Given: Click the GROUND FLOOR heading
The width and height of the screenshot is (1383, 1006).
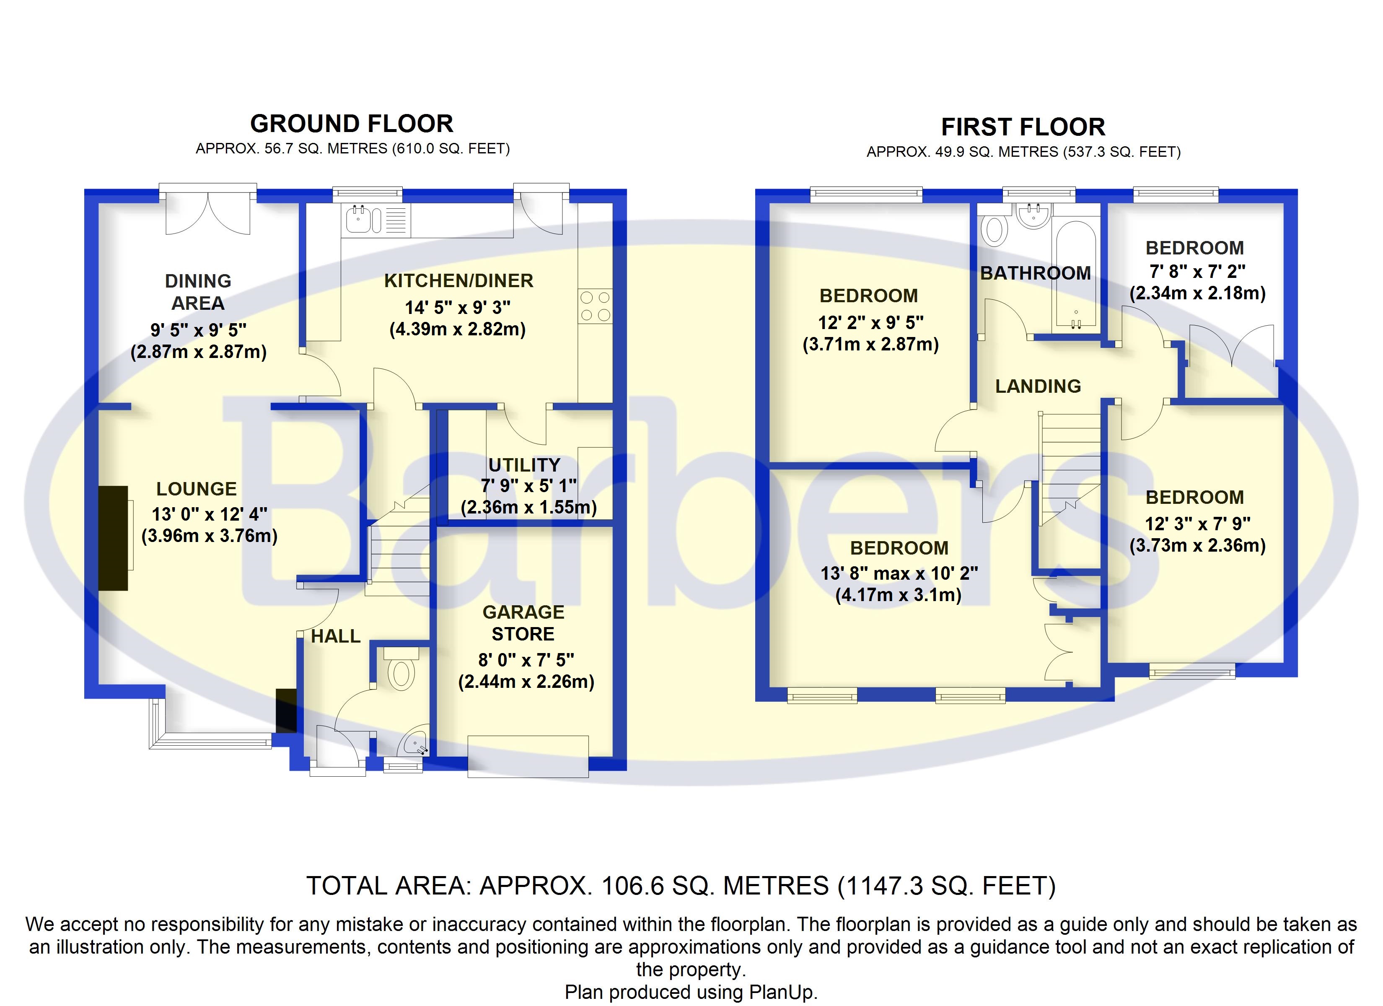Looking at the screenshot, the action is (352, 124).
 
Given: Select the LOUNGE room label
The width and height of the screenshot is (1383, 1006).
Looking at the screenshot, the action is (197, 489).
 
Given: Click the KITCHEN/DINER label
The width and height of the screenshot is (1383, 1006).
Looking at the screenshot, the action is (458, 280).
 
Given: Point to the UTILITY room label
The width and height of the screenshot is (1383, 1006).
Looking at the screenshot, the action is (524, 465).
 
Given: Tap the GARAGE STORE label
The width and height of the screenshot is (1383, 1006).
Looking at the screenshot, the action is (523, 623).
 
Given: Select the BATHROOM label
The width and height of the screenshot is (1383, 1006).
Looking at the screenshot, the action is (1036, 273).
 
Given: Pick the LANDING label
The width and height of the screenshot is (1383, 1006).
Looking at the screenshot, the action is (1038, 386).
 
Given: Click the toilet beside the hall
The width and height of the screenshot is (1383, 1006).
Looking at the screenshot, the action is (401, 671).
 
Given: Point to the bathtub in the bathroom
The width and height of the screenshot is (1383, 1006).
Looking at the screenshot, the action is (1076, 275).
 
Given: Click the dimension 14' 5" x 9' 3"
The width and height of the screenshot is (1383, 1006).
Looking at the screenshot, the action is (458, 308).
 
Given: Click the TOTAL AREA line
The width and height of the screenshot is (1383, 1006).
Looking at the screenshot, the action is (681, 886).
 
